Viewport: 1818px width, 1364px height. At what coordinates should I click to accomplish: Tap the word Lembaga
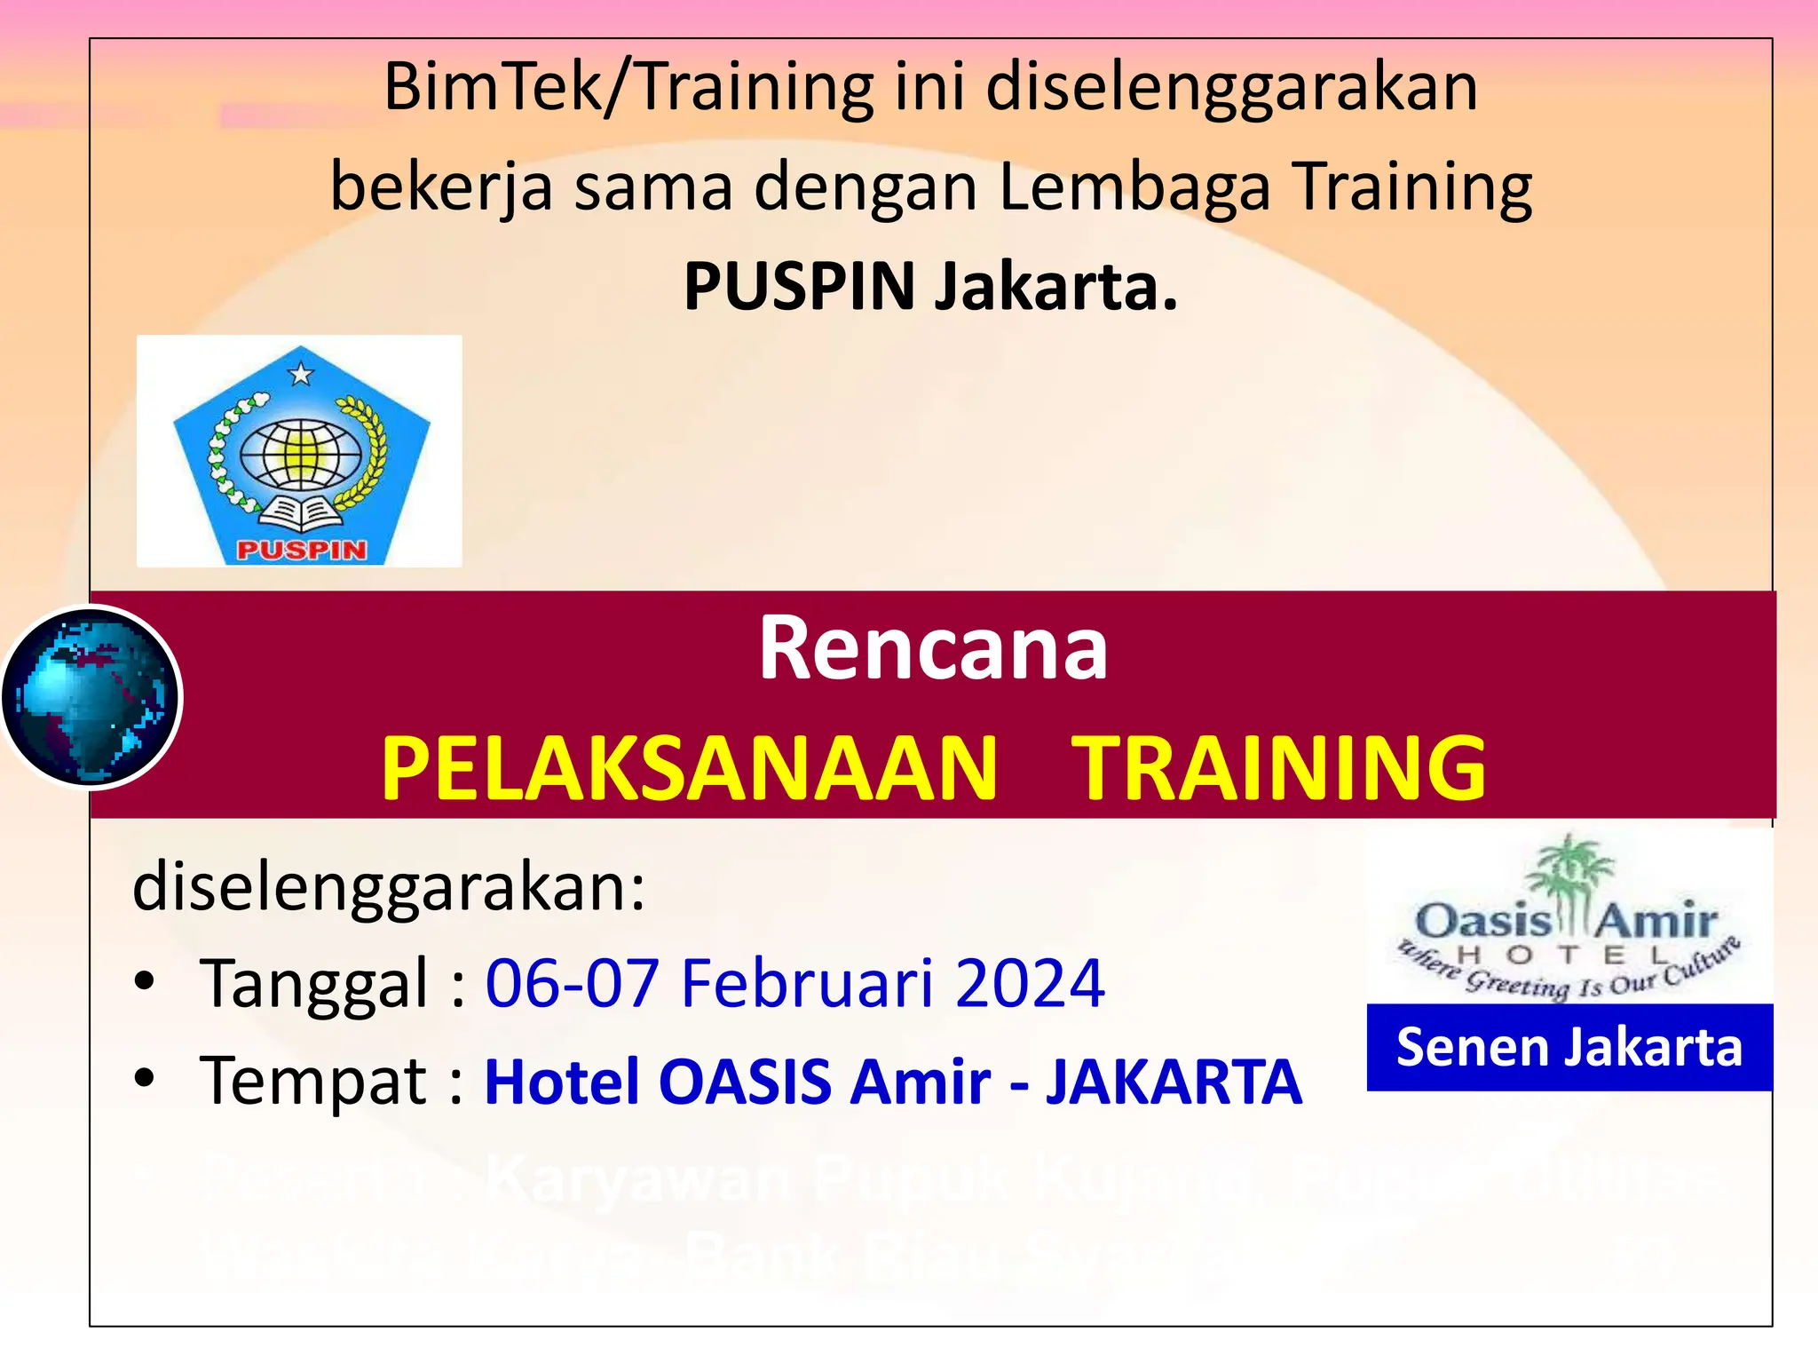[x=1134, y=187]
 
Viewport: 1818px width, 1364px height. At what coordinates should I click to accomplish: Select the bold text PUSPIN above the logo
[x=799, y=287]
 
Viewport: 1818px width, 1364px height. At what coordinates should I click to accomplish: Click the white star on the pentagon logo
[x=301, y=373]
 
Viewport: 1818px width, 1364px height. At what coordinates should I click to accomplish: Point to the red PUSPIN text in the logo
[x=302, y=550]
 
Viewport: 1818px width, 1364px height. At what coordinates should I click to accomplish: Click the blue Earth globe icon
[x=91, y=697]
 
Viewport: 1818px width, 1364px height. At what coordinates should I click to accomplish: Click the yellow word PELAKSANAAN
[x=690, y=768]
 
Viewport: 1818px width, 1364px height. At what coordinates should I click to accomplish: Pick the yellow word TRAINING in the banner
[x=1279, y=768]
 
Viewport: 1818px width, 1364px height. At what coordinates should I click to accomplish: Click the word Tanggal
[x=315, y=984]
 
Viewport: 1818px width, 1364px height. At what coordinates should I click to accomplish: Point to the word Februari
[x=806, y=984]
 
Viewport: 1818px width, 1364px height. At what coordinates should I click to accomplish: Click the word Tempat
[x=315, y=1081]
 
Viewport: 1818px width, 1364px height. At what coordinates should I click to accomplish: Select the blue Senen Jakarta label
[x=1569, y=1047]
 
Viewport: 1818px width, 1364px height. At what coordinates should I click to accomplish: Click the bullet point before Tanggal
[x=145, y=982]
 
